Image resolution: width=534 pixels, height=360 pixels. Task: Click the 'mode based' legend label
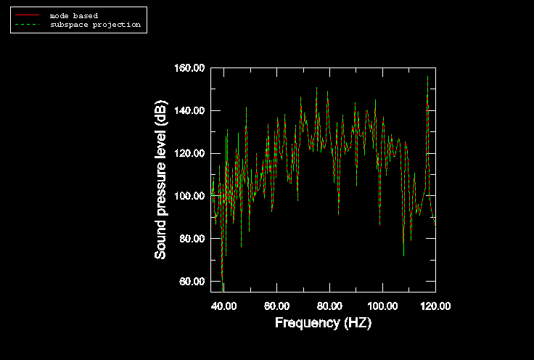pos(74,16)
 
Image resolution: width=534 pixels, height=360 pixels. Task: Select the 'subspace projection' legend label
pos(95,25)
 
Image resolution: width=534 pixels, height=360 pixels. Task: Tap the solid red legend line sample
pos(28,15)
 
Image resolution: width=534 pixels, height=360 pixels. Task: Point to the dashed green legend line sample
pos(28,24)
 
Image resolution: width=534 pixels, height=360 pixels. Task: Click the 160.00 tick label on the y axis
pos(189,68)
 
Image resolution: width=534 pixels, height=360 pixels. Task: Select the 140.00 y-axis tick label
pos(189,111)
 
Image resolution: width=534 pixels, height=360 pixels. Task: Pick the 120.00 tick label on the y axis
pos(189,153)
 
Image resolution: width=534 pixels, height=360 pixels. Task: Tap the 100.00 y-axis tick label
pos(189,196)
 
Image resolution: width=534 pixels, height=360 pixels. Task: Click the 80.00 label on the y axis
pos(192,238)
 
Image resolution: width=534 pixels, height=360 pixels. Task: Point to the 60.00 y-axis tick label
pos(192,282)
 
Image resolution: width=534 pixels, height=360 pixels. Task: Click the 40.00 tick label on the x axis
pos(223,306)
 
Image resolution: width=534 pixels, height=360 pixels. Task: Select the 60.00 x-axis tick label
pos(277,306)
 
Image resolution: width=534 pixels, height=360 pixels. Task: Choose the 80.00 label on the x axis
pos(329,306)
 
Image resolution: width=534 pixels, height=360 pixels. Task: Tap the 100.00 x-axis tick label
pos(382,306)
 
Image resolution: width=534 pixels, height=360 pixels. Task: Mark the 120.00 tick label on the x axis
pos(435,306)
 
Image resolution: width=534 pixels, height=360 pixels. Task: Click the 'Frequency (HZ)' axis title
pos(323,322)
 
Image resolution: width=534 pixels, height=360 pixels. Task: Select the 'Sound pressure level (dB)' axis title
pos(160,180)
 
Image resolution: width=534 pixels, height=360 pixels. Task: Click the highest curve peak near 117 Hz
pos(428,77)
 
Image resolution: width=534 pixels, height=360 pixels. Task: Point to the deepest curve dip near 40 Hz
pos(223,291)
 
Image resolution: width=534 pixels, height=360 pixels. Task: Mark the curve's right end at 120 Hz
pos(435,226)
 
